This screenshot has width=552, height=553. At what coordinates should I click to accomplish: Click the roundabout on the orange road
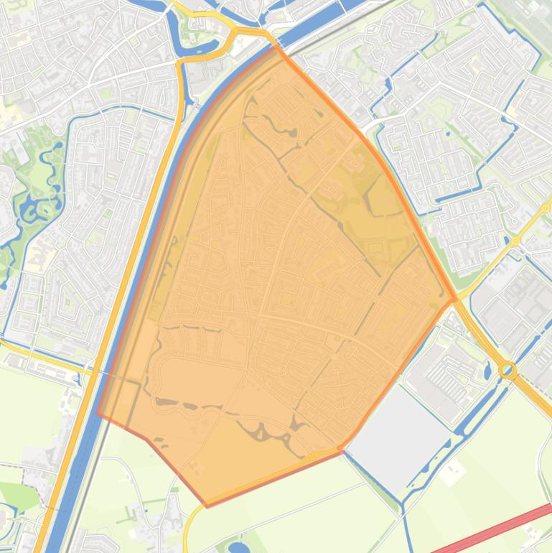(x=508, y=371)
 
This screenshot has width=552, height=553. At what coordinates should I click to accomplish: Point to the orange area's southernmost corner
(x=208, y=506)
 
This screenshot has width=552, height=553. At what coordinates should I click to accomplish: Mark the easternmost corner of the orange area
(x=455, y=300)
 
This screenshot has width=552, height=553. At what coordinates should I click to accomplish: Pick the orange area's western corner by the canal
(x=98, y=414)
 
